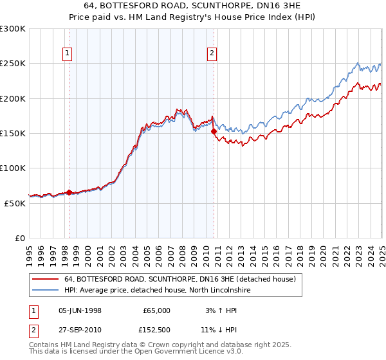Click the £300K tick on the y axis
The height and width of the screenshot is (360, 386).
[x=13, y=29]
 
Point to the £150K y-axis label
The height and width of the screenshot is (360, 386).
[x=13, y=133]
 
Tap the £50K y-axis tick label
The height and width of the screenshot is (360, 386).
[x=15, y=203]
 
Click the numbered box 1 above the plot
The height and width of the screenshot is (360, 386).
[x=68, y=54]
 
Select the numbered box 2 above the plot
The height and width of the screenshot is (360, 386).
[x=212, y=54]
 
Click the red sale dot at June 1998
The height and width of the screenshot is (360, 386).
[x=69, y=192]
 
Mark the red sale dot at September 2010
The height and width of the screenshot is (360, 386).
[x=214, y=131]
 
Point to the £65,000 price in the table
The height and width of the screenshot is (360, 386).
[x=156, y=310]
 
